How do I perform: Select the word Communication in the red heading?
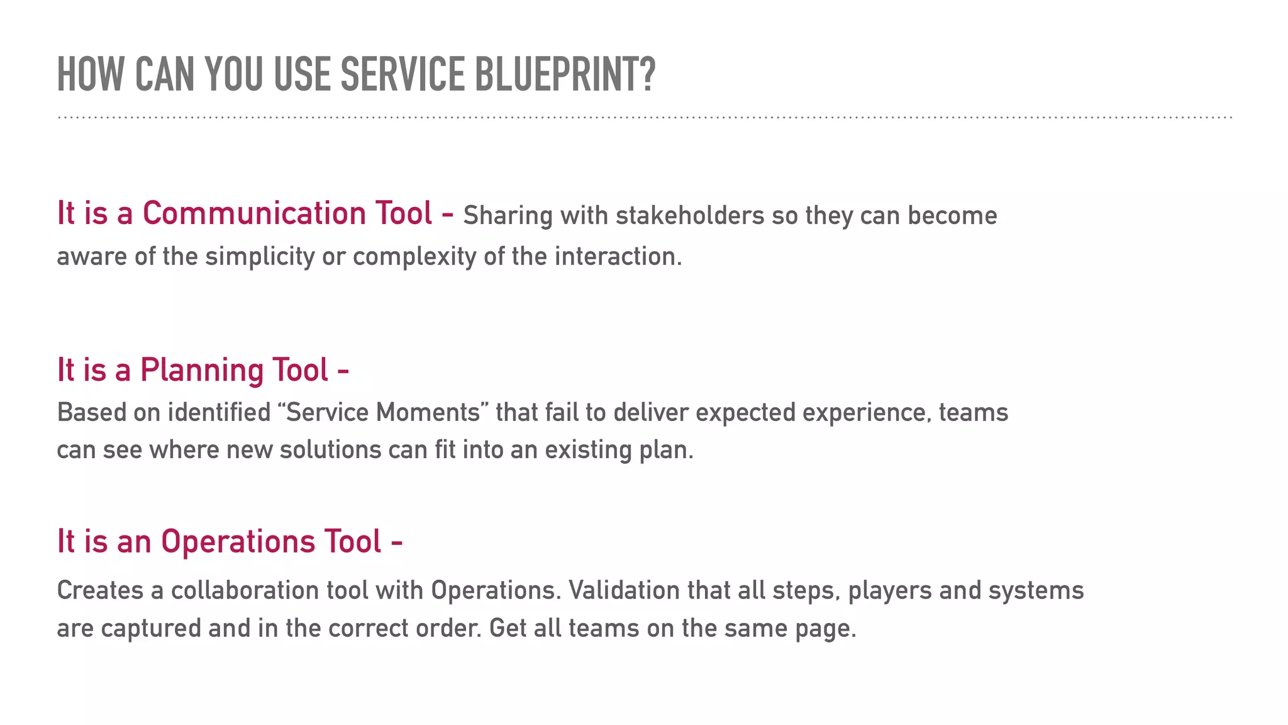[x=255, y=213]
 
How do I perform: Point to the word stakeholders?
[x=690, y=216]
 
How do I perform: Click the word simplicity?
[x=260, y=257]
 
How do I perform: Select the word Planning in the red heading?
[x=202, y=370]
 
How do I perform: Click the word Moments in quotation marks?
[x=428, y=413]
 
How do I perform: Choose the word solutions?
[x=330, y=451]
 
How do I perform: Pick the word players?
[x=889, y=591]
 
